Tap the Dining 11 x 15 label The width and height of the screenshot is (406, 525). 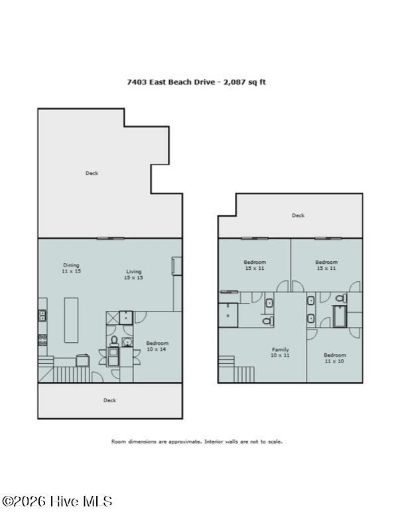tap(71, 268)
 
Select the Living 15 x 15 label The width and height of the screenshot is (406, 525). tap(133, 274)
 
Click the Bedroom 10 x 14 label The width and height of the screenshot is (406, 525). tap(157, 346)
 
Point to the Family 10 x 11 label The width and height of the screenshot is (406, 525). tap(281, 352)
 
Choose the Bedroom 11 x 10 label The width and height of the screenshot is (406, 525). tap(335, 358)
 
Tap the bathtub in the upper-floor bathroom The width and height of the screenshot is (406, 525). tap(339, 316)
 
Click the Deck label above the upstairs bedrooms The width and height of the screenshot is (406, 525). tap(299, 215)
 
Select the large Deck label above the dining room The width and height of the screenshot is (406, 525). tap(92, 173)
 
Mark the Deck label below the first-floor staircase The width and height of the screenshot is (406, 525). tap(109, 400)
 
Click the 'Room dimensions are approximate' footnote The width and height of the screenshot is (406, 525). tap(196, 441)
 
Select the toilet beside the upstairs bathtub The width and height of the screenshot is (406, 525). tap(341, 300)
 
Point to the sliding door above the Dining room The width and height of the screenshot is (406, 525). tap(110, 239)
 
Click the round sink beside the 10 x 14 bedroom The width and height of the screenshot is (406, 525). tap(125, 341)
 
